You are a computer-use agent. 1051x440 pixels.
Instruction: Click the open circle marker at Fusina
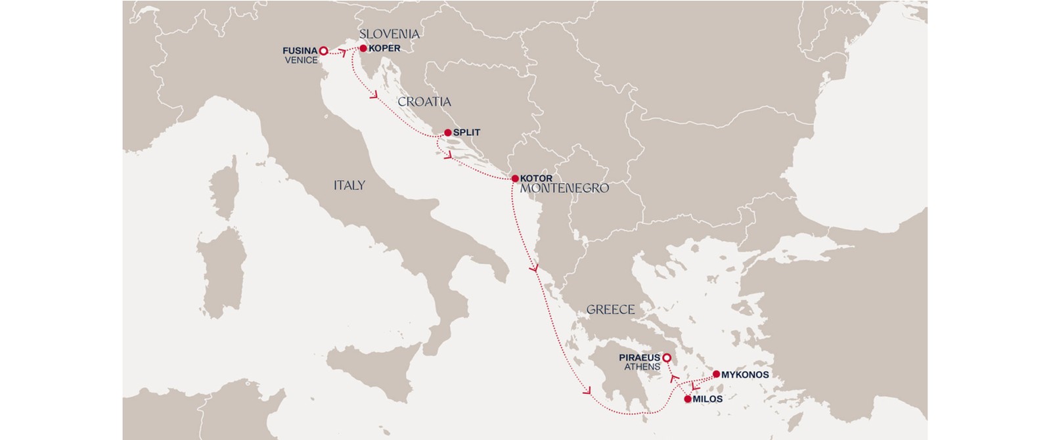pos(323,51)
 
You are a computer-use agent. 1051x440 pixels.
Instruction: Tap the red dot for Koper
pos(363,48)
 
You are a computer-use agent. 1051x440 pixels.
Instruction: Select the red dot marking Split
pos(448,133)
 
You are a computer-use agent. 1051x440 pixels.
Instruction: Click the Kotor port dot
pos(515,179)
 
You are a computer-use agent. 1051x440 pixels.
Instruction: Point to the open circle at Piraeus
pos(666,358)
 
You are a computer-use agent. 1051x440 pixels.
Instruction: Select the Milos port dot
pos(688,399)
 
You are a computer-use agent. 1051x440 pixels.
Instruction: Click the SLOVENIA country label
pos(389,33)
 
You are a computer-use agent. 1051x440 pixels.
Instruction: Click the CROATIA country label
pos(424,102)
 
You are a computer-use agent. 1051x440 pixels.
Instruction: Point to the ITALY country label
pos(349,185)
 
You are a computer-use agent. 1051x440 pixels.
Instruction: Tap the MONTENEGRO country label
pos(564,188)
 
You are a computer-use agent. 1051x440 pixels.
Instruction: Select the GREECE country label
pos(610,309)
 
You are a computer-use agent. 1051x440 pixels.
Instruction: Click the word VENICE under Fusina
pos(301,60)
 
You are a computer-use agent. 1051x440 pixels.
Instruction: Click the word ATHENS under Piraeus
pos(642,367)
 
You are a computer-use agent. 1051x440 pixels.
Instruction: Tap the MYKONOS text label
pos(745,375)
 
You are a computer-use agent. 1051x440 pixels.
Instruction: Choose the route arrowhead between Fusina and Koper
pos(342,52)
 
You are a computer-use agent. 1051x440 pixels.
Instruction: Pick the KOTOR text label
pos(536,179)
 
